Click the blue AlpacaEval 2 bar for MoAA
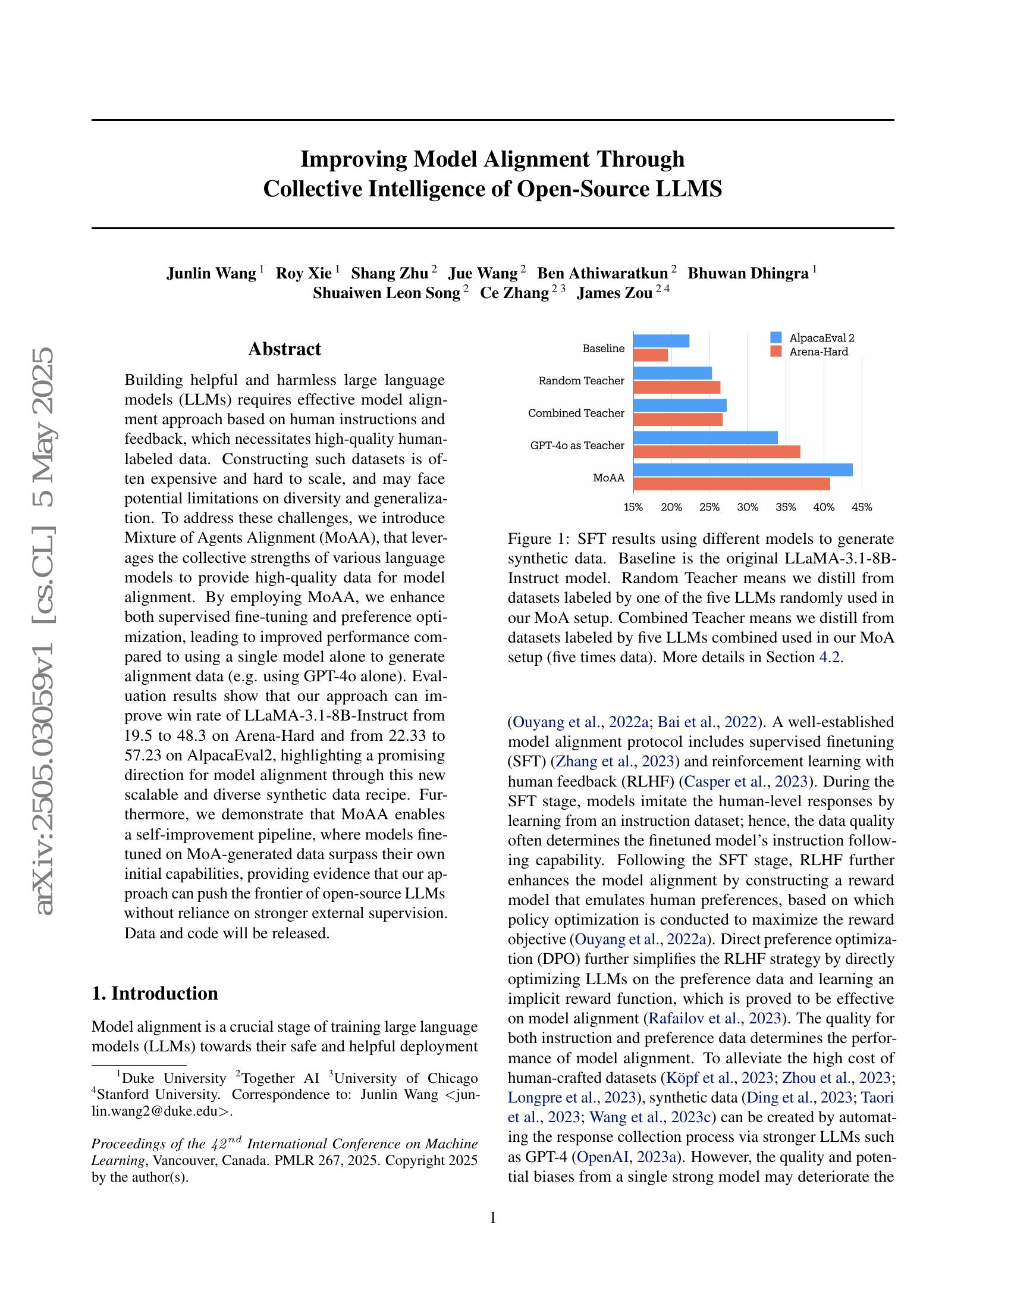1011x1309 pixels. click(742, 470)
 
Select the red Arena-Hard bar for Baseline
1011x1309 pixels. click(651, 355)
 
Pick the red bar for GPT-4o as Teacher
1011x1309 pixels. click(717, 452)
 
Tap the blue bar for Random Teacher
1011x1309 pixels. click(672, 374)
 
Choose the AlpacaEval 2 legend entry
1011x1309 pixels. click(821, 338)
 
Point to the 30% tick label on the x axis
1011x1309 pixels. click(747, 508)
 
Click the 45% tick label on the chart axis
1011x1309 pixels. click(861, 508)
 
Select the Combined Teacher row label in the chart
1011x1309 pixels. click(576, 413)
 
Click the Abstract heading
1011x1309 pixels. click(284, 349)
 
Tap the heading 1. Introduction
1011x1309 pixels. click(155, 993)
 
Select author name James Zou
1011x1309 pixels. click(614, 294)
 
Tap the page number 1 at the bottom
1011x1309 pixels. click(493, 1217)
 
